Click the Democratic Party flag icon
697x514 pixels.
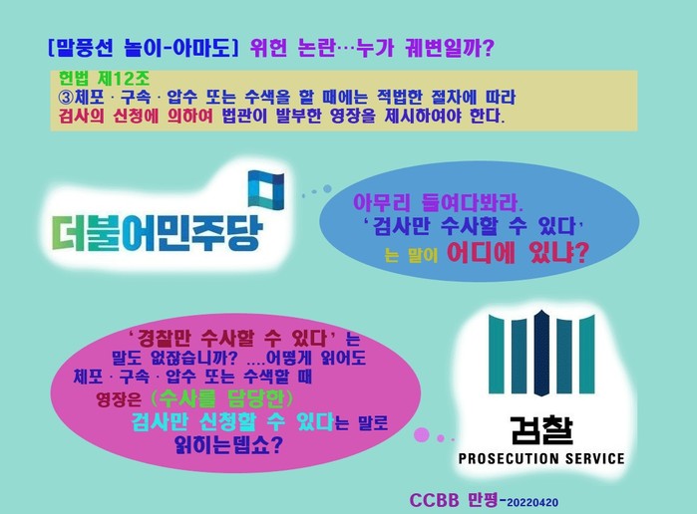tap(266, 190)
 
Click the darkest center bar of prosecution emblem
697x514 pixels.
tap(540, 353)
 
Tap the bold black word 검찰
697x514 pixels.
tap(541, 430)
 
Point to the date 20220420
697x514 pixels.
tap(532, 503)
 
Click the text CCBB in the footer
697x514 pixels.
tap(434, 501)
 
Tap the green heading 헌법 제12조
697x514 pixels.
tap(105, 79)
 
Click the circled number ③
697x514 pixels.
tap(66, 97)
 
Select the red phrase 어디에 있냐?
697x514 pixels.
tap(517, 253)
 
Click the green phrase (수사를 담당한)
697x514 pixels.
tap(221, 398)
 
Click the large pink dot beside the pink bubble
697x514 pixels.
tap(422, 435)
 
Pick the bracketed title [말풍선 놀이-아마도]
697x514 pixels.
tap(144, 48)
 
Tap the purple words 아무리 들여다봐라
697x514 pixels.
tap(439, 202)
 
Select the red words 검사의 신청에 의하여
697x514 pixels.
tap(136, 117)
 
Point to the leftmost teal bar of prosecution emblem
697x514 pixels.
tap(497, 355)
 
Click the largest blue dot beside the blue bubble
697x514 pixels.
tap(327, 189)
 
